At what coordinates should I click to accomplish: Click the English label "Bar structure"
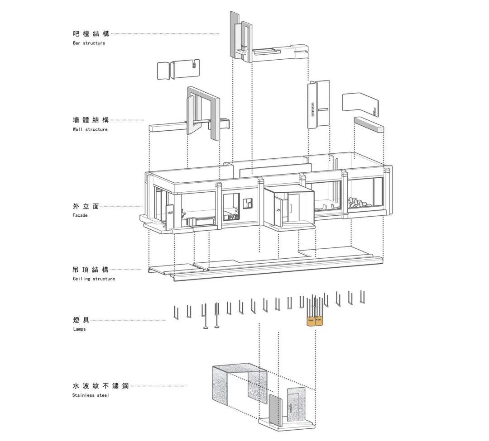tap(89, 43)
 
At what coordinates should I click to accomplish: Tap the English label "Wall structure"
tap(90, 129)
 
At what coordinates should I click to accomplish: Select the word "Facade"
tap(80, 215)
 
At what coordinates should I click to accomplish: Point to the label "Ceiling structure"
tap(94, 279)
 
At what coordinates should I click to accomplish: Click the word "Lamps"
tap(80, 329)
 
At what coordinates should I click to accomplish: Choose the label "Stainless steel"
tap(91, 395)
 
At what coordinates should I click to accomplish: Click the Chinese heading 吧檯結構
tap(91, 33)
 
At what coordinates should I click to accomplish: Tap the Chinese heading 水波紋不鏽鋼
tap(101, 386)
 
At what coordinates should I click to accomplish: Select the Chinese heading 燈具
tap(81, 320)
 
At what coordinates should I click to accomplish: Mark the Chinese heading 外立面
tap(86, 206)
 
